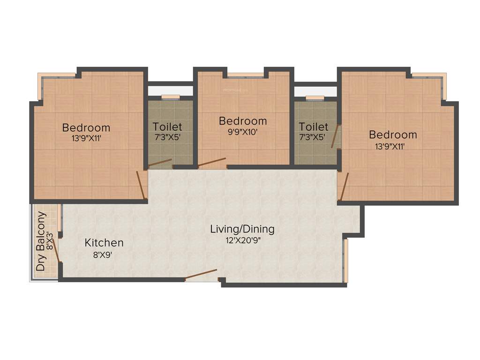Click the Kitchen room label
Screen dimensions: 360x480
(104, 243)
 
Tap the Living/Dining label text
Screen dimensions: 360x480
(242, 229)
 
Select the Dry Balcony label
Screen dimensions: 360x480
(42, 242)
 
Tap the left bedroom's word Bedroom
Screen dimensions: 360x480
(86, 127)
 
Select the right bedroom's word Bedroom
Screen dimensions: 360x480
(393, 135)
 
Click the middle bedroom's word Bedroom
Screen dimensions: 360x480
(243, 121)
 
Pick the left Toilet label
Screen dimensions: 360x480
(167, 127)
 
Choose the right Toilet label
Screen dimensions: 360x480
(314, 127)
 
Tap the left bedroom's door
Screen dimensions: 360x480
(141, 185)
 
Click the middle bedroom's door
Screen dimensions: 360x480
(211, 162)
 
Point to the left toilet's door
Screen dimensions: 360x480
(160, 163)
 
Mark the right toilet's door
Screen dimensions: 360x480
(335, 136)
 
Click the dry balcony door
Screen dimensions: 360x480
(56, 250)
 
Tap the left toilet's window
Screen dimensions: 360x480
(171, 97)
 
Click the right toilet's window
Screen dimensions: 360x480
(315, 97)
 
